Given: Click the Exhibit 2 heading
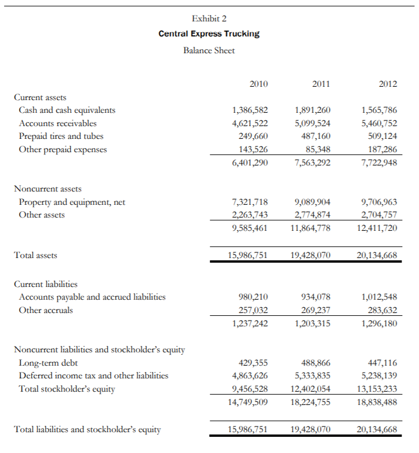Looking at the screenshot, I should [x=209, y=19].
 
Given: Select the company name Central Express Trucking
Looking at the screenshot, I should [x=209, y=34].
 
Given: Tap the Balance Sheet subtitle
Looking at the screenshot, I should [x=209, y=50].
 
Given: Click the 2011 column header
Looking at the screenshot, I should [x=321, y=84].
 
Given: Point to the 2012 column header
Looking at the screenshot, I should [x=388, y=84].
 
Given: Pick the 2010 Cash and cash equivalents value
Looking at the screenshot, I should [x=250, y=110].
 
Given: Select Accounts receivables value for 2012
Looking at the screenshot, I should [x=379, y=123].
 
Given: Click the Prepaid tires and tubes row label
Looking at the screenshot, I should [x=61, y=137].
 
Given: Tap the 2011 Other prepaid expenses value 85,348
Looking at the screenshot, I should [x=316, y=149].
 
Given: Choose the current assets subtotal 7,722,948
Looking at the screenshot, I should [x=379, y=163].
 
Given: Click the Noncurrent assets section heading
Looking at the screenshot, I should [x=48, y=189].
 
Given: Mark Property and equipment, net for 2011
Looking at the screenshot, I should [x=312, y=202].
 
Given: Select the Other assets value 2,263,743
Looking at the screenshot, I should [x=250, y=215].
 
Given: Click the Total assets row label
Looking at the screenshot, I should [x=35, y=255].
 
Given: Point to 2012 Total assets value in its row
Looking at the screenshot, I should [x=377, y=255].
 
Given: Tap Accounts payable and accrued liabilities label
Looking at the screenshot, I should [x=92, y=297].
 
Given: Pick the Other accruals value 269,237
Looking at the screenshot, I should [x=316, y=310].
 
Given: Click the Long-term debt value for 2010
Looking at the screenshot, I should [x=253, y=363].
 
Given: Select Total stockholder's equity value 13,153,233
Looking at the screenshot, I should [x=377, y=389].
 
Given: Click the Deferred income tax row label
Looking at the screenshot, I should [x=93, y=375].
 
